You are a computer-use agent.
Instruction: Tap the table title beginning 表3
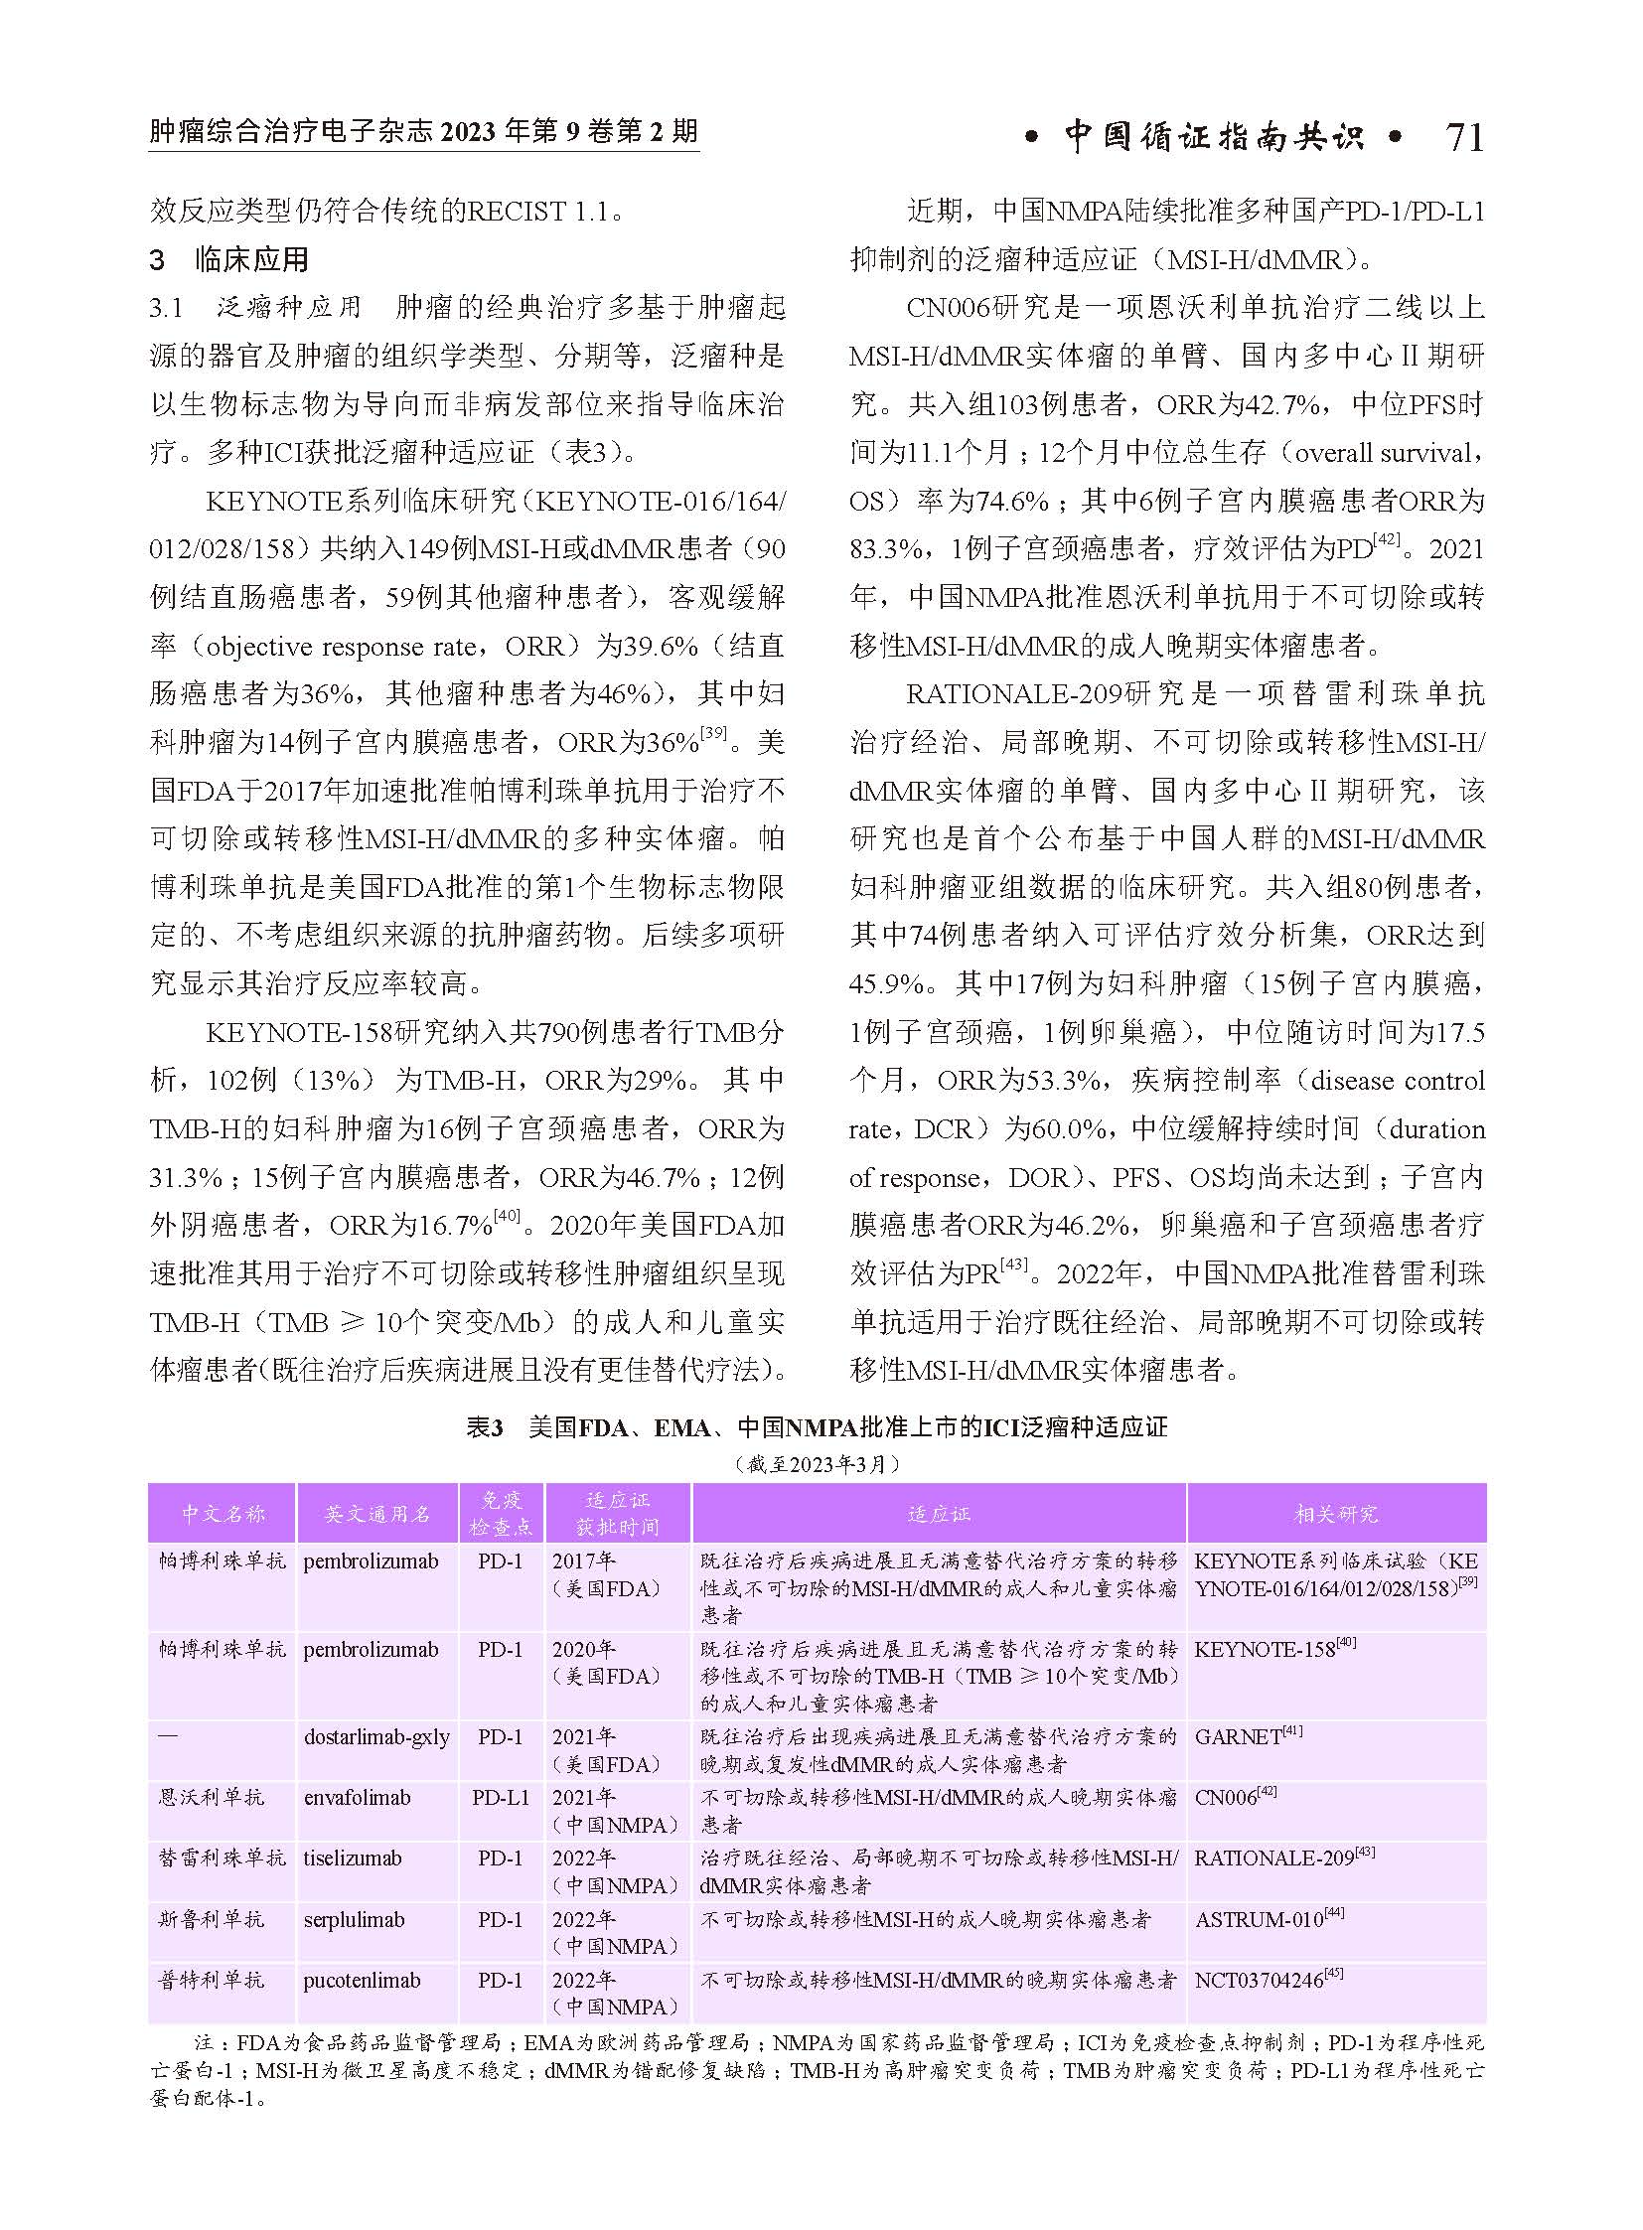click(x=817, y=1427)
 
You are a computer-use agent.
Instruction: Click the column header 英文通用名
click(x=376, y=1514)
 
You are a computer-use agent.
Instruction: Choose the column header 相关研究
click(x=1336, y=1514)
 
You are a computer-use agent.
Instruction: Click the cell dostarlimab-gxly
click(x=375, y=1737)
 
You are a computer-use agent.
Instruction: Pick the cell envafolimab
click(x=357, y=1798)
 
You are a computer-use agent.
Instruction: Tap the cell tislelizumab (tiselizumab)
click(x=352, y=1858)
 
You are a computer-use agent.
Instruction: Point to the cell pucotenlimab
click(x=361, y=1981)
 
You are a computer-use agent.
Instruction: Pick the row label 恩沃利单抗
click(x=211, y=1798)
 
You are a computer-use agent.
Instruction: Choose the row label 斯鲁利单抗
click(x=211, y=1920)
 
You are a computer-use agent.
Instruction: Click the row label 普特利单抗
click(x=211, y=1981)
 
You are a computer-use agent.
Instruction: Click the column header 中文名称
click(x=223, y=1514)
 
